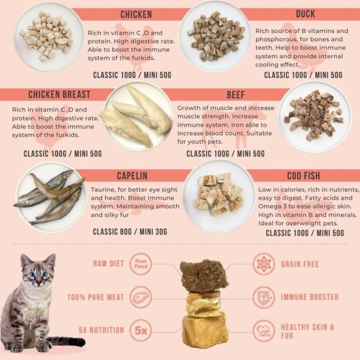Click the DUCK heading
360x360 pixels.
coord(305,14)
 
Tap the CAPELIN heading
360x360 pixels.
coord(132,176)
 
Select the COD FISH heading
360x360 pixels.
coord(304,176)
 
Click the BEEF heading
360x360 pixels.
coord(236,95)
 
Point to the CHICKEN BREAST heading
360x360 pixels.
coord(59,95)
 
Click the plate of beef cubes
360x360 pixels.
coord(315,117)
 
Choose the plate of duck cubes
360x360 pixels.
coord(215,36)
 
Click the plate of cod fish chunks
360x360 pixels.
coord(219,196)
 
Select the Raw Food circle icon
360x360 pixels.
coord(141,264)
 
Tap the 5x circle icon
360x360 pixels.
coord(141,330)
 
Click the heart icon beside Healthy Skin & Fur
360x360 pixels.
coord(264,331)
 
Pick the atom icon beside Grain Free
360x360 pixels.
coord(264,264)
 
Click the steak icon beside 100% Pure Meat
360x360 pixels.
coord(141,297)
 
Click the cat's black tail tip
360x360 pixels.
coord(81,342)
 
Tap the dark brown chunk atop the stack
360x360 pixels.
coord(204,276)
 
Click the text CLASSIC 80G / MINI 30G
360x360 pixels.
coord(130,232)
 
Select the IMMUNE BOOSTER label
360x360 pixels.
coord(310,297)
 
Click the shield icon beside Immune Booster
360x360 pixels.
coord(264,297)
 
